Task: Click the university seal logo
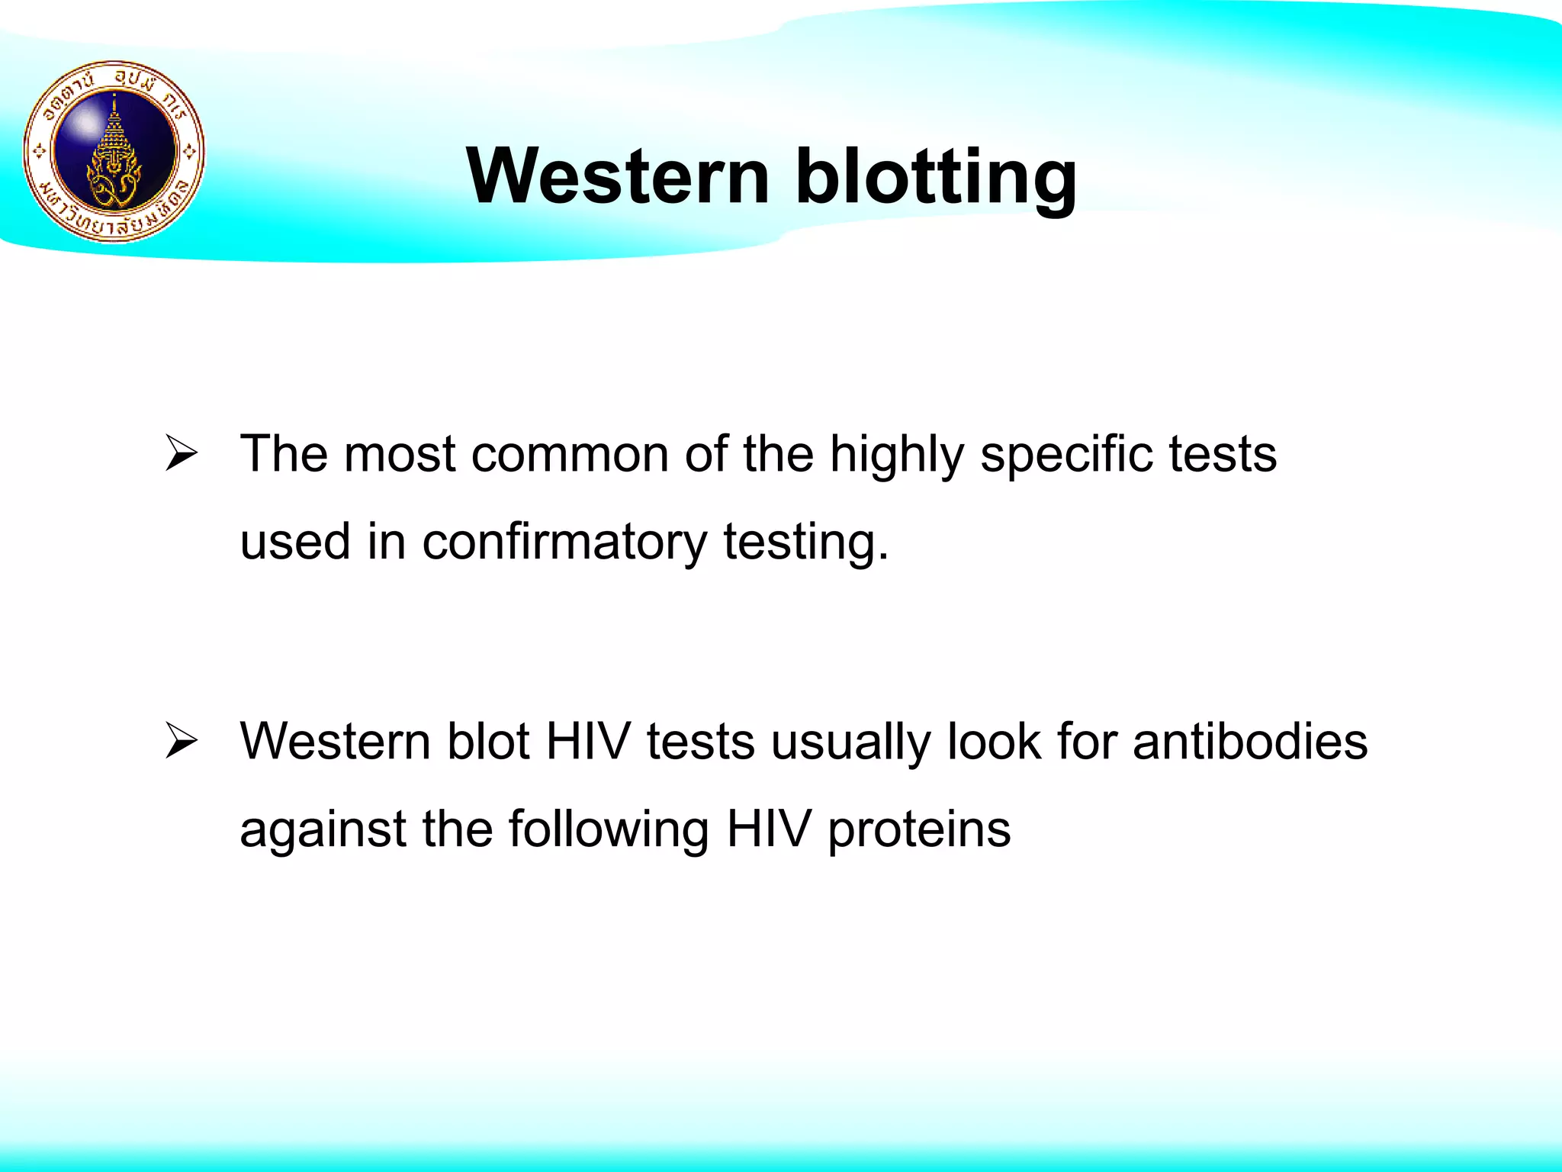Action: [114, 151]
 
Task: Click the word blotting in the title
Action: [936, 177]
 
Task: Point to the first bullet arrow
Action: [182, 456]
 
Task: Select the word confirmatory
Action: [564, 543]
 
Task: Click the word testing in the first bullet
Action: [805, 543]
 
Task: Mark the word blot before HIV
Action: [488, 742]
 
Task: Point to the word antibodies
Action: [1250, 742]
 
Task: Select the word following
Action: [609, 830]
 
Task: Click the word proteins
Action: [919, 830]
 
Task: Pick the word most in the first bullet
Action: [399, 456]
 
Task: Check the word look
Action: [994, 742]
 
